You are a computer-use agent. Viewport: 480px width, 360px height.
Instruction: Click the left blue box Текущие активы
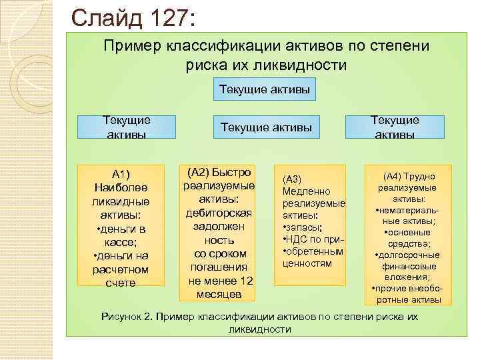tap(127, 127)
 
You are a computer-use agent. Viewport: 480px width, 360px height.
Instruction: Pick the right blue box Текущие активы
tap(395, 127)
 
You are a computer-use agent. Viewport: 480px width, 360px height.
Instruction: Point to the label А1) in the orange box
tap(121, 175)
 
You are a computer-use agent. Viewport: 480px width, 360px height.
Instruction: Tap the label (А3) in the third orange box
tap(293, 179)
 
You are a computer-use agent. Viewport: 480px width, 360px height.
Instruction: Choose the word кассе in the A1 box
tap(119, 243)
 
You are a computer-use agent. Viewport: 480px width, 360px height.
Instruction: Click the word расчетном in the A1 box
tap(121, 269)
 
